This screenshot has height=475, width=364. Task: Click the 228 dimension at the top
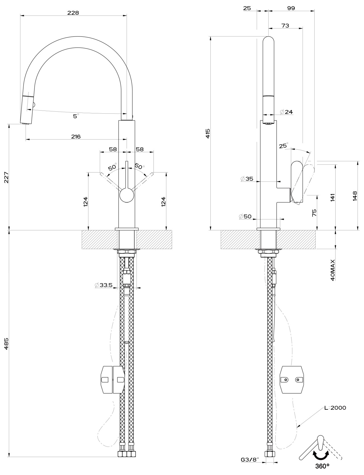[x=73, y=13]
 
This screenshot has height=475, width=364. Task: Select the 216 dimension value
[x=76, y=136]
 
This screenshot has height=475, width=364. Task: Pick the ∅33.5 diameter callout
[x=104, y=285]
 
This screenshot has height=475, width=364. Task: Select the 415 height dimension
[x=208, y=133]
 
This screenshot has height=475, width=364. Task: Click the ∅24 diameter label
[x=286, y=112]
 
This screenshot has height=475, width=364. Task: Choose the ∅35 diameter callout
[x=247, y=179]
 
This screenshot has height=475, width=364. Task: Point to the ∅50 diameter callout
[x=245, y=216]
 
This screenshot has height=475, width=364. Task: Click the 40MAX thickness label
[x=333, y=270]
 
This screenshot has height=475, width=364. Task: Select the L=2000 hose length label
[x=335, y=408]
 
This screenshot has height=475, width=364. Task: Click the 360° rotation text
[x=322, y=466]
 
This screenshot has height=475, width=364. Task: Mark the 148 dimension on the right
[x=355, y=196]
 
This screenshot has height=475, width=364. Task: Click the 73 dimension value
[x=285, y=26]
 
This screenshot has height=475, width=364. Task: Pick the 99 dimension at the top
[x=291, y=8]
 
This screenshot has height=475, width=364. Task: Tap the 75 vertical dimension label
[x=315, y=213]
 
